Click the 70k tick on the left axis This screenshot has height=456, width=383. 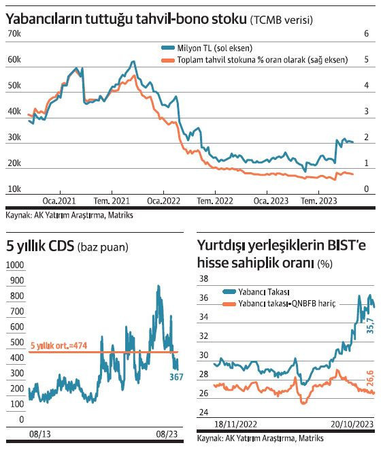(x=14, y=33)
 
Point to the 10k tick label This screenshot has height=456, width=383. (x=14, y=189)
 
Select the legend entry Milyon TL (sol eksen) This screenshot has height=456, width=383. (x=212, y=48)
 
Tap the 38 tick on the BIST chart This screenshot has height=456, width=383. (x=203, y=278)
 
